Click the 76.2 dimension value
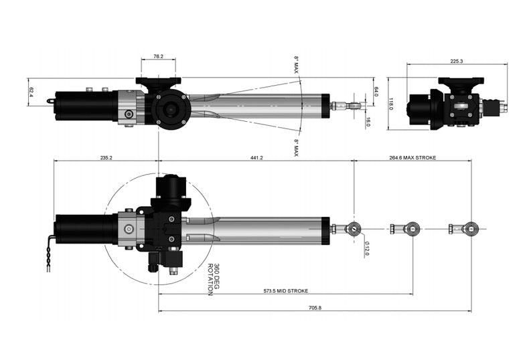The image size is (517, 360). tap(158, 57)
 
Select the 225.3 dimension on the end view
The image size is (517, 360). tap(457, 60)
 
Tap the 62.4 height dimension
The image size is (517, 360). tap(31, 91)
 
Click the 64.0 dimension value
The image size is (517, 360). tap(376, 90)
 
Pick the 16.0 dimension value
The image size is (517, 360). tap(368, 122)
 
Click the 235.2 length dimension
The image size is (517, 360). tap(106, 158)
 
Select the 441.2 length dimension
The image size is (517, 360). tap(256, 158)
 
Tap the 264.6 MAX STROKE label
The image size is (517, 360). tap(412, 158)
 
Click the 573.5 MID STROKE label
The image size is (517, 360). tap(285, 292)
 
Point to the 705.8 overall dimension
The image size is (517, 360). tap(314, 308)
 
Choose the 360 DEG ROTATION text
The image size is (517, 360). tap(213, 279)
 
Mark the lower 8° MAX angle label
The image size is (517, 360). tap(295, 147)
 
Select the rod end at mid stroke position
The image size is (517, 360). tap(411, 228)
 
